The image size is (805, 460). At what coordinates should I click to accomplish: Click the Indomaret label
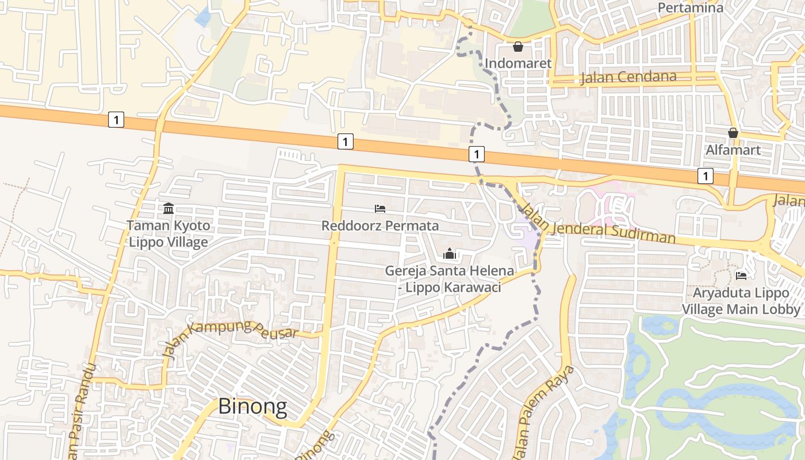click(x=518, y=63)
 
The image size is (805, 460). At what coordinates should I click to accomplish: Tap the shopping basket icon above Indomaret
click(x=518, y=47)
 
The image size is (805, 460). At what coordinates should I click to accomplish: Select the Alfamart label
click(x=733, y=150)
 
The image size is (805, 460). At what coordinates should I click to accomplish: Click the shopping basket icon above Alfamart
click(x=733, y=133)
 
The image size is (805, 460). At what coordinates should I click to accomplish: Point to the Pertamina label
click(x=690, y=7)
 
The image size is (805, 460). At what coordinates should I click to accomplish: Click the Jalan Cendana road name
click(x=628, y=76)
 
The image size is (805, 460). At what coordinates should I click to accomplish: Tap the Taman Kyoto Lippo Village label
click(x=168, y=233)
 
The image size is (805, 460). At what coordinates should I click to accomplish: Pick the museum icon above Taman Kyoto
click(x=168, y=208)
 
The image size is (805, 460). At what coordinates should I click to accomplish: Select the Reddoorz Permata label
click(x=380, y=225)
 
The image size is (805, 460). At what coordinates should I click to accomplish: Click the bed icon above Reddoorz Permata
click(x=379, y=208)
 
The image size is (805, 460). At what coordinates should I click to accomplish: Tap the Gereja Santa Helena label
click(x=450, y=278)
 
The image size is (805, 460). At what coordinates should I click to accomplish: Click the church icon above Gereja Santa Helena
click(x=449, y=254)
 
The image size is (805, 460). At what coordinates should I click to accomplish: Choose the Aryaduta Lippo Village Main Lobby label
click(x=741, y=301)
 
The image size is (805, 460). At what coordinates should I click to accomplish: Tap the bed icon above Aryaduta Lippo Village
click(x=741, y=276)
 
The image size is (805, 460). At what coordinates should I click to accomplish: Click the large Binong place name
click(x=252, y=407)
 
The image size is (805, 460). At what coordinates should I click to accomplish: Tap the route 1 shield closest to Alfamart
click(x=706, y=176)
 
